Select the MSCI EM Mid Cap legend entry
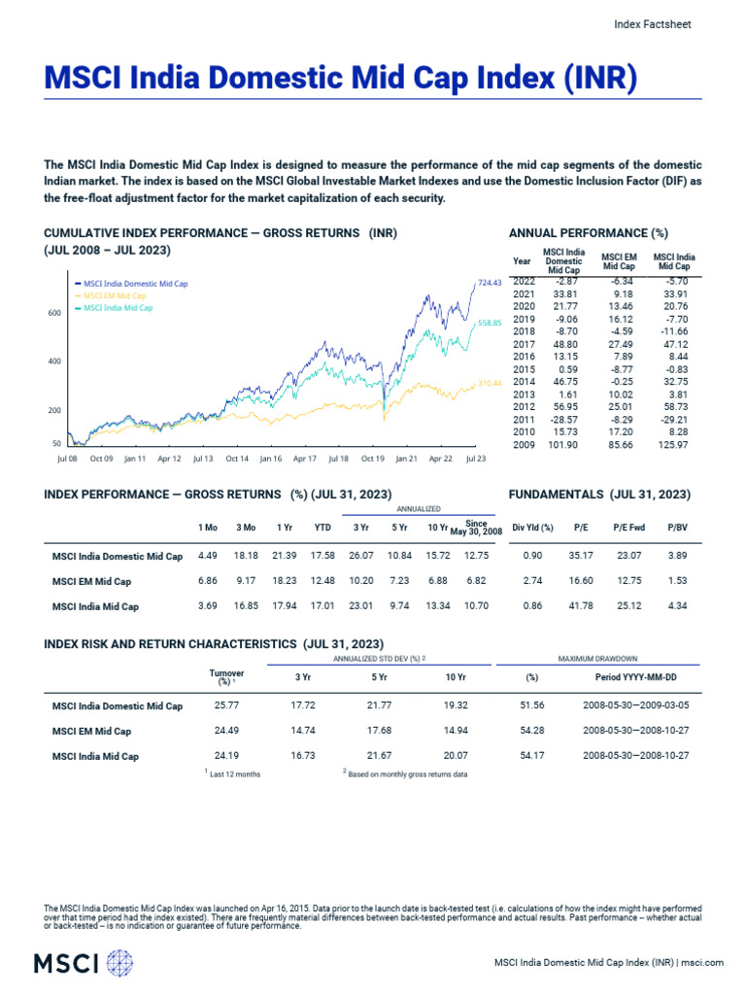pyautogui.click(x=114, y=295)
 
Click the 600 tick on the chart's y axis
pyautogui.click(x=53, y=313)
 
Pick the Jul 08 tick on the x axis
pyautogui.click(x=68, y=457)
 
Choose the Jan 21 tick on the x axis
pyautogui.click(x=406, y=457)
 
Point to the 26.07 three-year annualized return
pyautogui.click(x=360, y=556)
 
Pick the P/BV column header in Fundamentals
pyautogui.click(x=676, y=527)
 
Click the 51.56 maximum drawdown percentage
pyautogui.click(x=531, y=705)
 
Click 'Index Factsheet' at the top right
pyautogui.click(x=654, y=24)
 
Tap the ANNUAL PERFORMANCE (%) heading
pyautogui.click(x=589, y=233)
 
